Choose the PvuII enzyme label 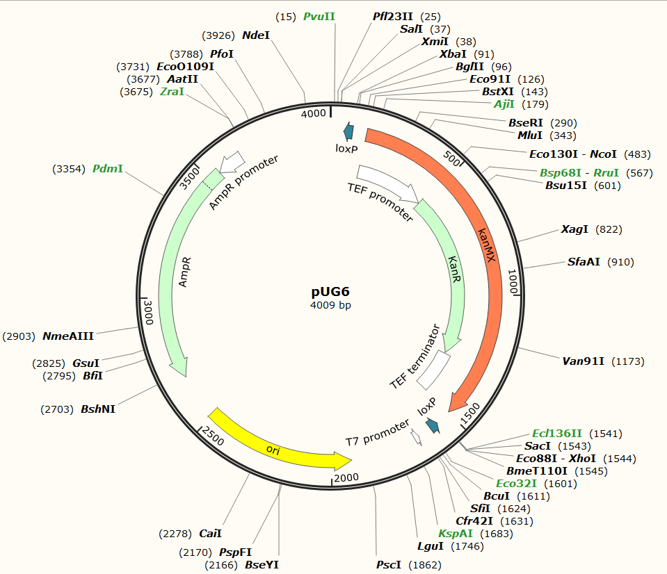[319, 16]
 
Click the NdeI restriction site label [256, 35]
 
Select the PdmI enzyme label [108, 169]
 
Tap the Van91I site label [584, 361]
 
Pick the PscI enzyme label [389, 565]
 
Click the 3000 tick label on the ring [147, 309]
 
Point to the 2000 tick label [346, 477]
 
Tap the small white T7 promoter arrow [416, 437]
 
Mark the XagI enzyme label [575, 229]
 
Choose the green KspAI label [456, 534]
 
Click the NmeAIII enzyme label [68, 336]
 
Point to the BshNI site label [98, 409]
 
